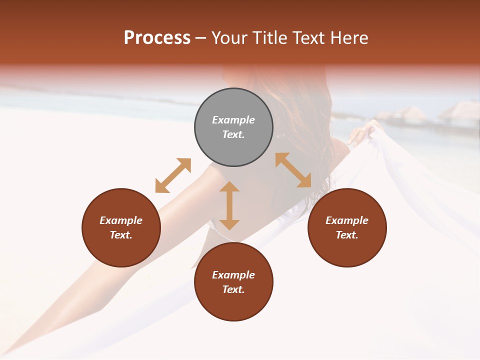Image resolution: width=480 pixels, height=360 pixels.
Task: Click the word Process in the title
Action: tap(157, 38)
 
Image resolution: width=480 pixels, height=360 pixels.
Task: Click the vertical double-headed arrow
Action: tap(229, 205)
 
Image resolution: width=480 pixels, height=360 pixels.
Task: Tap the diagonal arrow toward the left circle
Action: tap(173, 175)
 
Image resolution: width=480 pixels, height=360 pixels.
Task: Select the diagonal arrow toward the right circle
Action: tap(293, 170)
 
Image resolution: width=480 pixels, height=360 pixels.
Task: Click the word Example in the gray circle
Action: tap(233, 120)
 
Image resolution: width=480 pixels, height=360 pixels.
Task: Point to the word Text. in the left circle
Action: tap(121, 235)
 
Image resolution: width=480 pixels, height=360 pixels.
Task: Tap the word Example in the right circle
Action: tap(347, 220)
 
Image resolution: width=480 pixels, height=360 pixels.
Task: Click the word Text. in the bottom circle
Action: tap(233, 289)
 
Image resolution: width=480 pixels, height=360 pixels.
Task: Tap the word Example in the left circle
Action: tap(121, 220)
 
